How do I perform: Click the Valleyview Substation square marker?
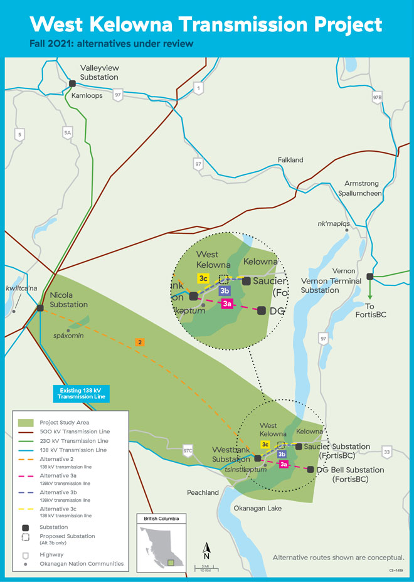pyautogui.click(x=73, y=83)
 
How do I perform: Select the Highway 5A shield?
pyautogui.click(x=68, y=132)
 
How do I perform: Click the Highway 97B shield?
pyautogui.click(x=377, y=98)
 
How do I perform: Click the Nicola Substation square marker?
pyautogui.click(x=40, y=308)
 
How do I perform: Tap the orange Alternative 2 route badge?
pyautogui.click(x=140, y=342)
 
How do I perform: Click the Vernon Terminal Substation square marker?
pyautogui.click(x=370, y=276)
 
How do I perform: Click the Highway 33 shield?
pyautogui.click(x=386, y=452)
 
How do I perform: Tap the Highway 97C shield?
pyautogui.click(x=187, y=451)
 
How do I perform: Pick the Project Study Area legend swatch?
pyautogui.click(x=25, y=423)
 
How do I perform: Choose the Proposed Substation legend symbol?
pyautogui.click(x=25, y=537)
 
